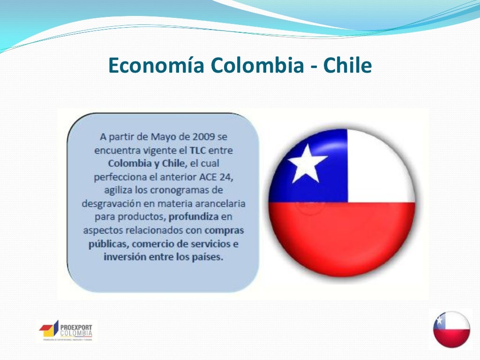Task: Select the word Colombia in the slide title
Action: click(x=257, y=66)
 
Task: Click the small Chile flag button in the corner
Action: click(x=451, y=329)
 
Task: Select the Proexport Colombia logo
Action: click(x=66, y=331)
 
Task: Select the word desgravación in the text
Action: click(x=111, y=204)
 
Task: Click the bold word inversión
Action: click(x=124, y=257)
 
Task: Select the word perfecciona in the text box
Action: click(x=121, y=178)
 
